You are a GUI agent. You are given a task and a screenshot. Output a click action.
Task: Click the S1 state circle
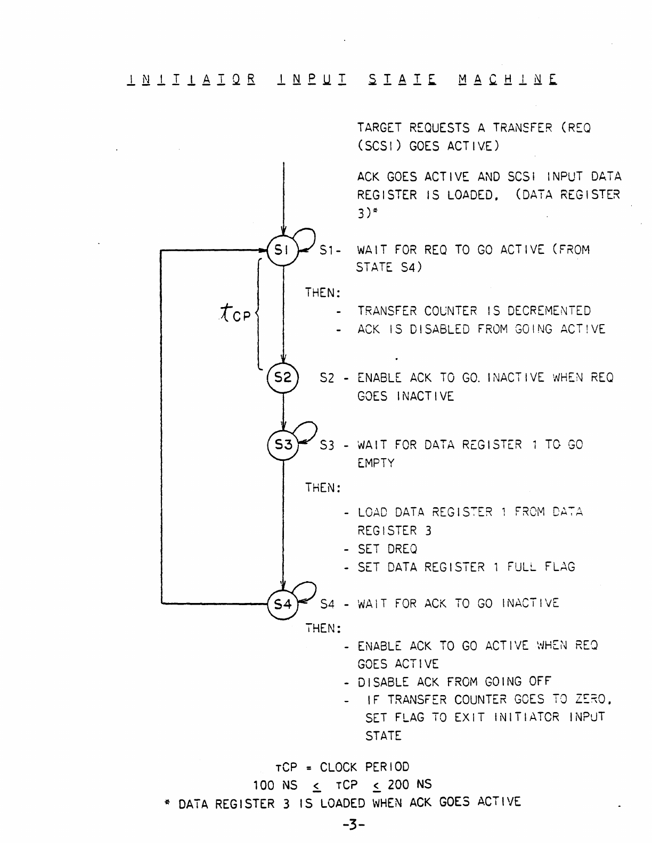[x=282, y=249]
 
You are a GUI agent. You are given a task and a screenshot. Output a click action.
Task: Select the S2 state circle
[x=282, y=377]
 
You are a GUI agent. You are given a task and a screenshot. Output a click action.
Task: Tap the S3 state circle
[x=282, y=444]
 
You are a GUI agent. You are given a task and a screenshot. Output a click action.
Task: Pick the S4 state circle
[x=282, y=604]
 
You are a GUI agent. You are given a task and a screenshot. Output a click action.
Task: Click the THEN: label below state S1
[x=323, y=293]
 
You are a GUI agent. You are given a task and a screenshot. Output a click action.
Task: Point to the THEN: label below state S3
[x=323, y=487]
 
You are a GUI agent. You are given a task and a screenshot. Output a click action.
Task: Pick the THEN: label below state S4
[x=323, y=629]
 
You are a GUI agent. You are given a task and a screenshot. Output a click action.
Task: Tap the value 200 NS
[x=410, y=784]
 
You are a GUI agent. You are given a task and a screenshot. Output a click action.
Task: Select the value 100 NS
[x=275, y=784]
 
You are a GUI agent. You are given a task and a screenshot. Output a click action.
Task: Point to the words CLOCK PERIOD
[x=364, y=767]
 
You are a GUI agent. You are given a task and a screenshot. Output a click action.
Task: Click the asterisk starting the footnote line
[x=167, y=802]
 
